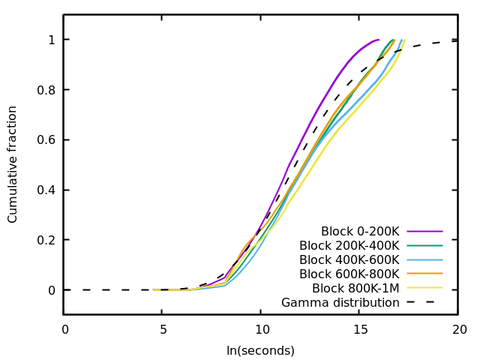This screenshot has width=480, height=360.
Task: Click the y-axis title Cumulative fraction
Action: [x=13, y=164]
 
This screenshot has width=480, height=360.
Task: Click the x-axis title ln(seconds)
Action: [x=260, y=350]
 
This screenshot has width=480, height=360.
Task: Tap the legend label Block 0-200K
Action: [x=360, y=231]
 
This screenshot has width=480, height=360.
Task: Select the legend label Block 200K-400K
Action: [x=349, y=245]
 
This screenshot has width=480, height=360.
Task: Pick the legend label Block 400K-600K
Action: [x=349, y=259]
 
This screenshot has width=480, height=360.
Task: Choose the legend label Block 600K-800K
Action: [x=349, y=274]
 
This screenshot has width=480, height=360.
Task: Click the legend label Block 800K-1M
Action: [x=355, y=288]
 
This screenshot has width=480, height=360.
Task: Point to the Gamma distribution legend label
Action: [x=340, y=302]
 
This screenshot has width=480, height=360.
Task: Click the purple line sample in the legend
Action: [x=424, y=231]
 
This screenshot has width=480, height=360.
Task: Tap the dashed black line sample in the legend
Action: [x=424, y=302]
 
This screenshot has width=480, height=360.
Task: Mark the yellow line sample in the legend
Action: [x=424, y=288]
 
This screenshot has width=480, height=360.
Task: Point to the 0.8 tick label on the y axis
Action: [x=45, y=89]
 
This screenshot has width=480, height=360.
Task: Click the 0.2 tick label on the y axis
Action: [x=45, y=240]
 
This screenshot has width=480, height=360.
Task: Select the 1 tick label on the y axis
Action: [x=51, y=39]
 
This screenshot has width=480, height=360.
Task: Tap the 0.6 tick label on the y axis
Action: [x=45, y=139]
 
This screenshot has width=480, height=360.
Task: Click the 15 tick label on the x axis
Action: [x=361, y=329]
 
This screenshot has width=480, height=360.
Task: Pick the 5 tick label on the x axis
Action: [x=163, y=329]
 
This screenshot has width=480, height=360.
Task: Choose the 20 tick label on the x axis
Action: [x=459, y=329]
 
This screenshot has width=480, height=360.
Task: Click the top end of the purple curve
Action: [x=379, y=40]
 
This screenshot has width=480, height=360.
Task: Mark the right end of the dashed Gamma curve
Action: [x=458, y=40]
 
